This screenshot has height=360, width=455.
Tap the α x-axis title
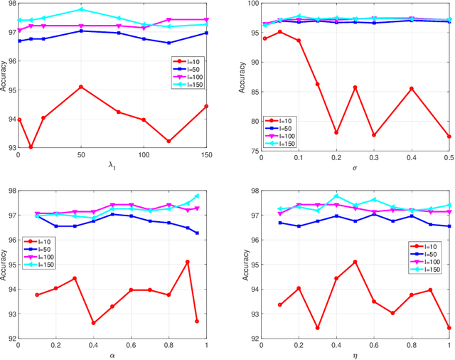pos(112,354)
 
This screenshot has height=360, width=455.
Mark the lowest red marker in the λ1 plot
pos(31,147)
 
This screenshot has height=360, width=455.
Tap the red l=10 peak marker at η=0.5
pos(355,262)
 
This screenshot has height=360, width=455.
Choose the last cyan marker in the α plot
pos(197,196)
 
